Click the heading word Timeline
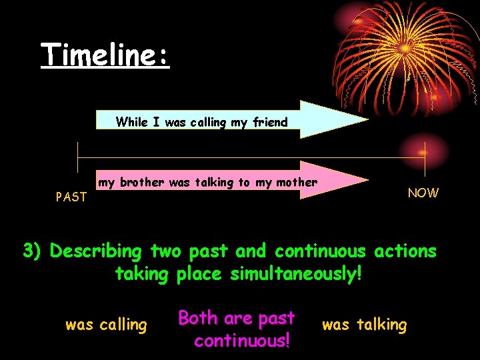(x=105, y=55)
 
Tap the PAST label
(x=71, y=197)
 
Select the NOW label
(x=423, y=193)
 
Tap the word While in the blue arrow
(x=131, y=122)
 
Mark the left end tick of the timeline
(x=79, y=155)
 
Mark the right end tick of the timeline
(x=425, y=155)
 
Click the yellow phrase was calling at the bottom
(x=106, y=325)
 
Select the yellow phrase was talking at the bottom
(x=364, y=325)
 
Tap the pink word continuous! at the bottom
(x=242, y=341)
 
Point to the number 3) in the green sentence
(x=33, y=251)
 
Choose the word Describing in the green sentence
(x=97, y=252)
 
